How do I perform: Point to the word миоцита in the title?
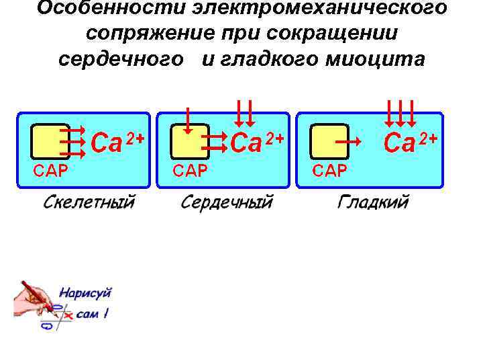pos(375,58)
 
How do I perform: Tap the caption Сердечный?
pos(227,202)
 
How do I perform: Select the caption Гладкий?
pos(373,202)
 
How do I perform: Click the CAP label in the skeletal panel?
pos(51,169)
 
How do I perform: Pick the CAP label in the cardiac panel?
pos(190,169)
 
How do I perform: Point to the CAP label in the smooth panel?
pos(329,169)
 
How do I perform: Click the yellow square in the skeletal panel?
pos(51,141)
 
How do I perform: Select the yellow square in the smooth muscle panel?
pos(329,141)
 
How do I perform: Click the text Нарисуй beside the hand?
pos(85,292)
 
